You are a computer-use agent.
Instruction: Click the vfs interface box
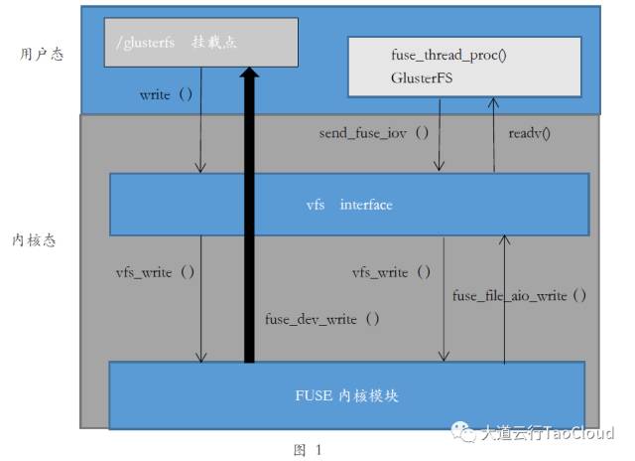[348, 205]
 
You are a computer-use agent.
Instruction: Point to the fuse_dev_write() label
[321, 319]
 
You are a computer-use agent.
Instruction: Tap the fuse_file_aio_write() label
[519, 295]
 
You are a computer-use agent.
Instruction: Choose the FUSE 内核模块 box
[346, 395]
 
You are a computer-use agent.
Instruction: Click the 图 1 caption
[309, 449]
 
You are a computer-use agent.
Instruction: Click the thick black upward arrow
[248, 219]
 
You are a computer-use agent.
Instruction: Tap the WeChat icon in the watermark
[463, 433]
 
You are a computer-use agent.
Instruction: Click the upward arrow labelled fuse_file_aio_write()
[506, 298]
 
